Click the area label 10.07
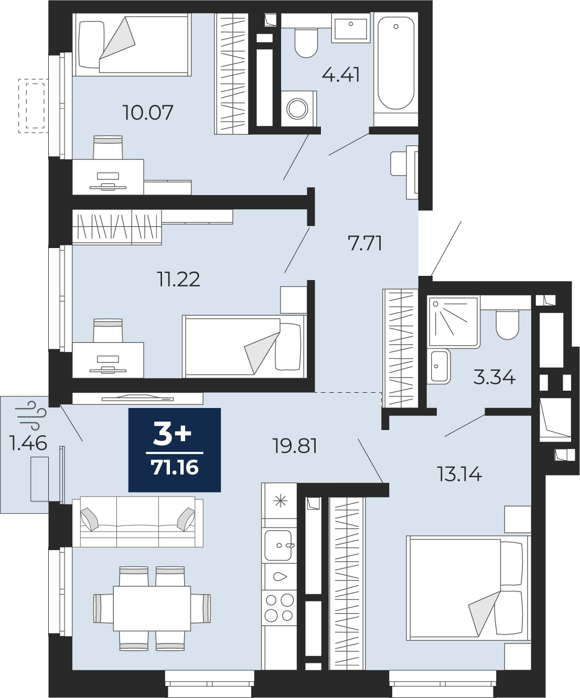point(148,112)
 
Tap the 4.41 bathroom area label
point(341,75)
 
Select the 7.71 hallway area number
point(365,243)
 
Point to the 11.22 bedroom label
point(179,280)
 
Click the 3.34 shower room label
point(495,378)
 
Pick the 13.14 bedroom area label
point(460,474)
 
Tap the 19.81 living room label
point(295,446)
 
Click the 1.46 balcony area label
point(28,443)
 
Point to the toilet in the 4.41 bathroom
point(306,42)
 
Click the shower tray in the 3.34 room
point(454,321)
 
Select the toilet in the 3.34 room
point(508,324)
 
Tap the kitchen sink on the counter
point(278,545)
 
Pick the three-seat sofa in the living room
point(138,521)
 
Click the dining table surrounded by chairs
point(152,608)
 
